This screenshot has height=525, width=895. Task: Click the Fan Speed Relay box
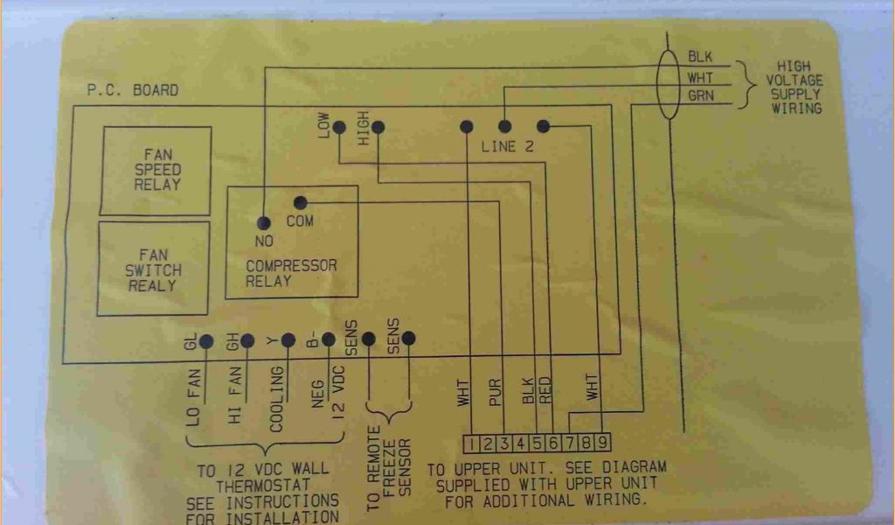[157, 170]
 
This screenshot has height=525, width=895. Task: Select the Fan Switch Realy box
[153, 269]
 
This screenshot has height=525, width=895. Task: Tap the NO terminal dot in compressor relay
[264, 223]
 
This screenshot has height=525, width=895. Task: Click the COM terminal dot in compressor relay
[300, 202]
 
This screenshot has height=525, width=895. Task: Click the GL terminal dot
[206, 342]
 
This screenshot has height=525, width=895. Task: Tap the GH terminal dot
[247, 341]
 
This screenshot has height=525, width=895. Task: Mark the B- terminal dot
[328, 339]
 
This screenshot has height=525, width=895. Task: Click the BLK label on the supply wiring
[700, 57]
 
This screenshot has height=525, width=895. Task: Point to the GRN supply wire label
[700, 94]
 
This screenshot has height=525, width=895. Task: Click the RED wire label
[545, 390]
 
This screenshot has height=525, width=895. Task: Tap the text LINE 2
[507, 147]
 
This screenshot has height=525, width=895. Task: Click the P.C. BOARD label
[132, 90]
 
